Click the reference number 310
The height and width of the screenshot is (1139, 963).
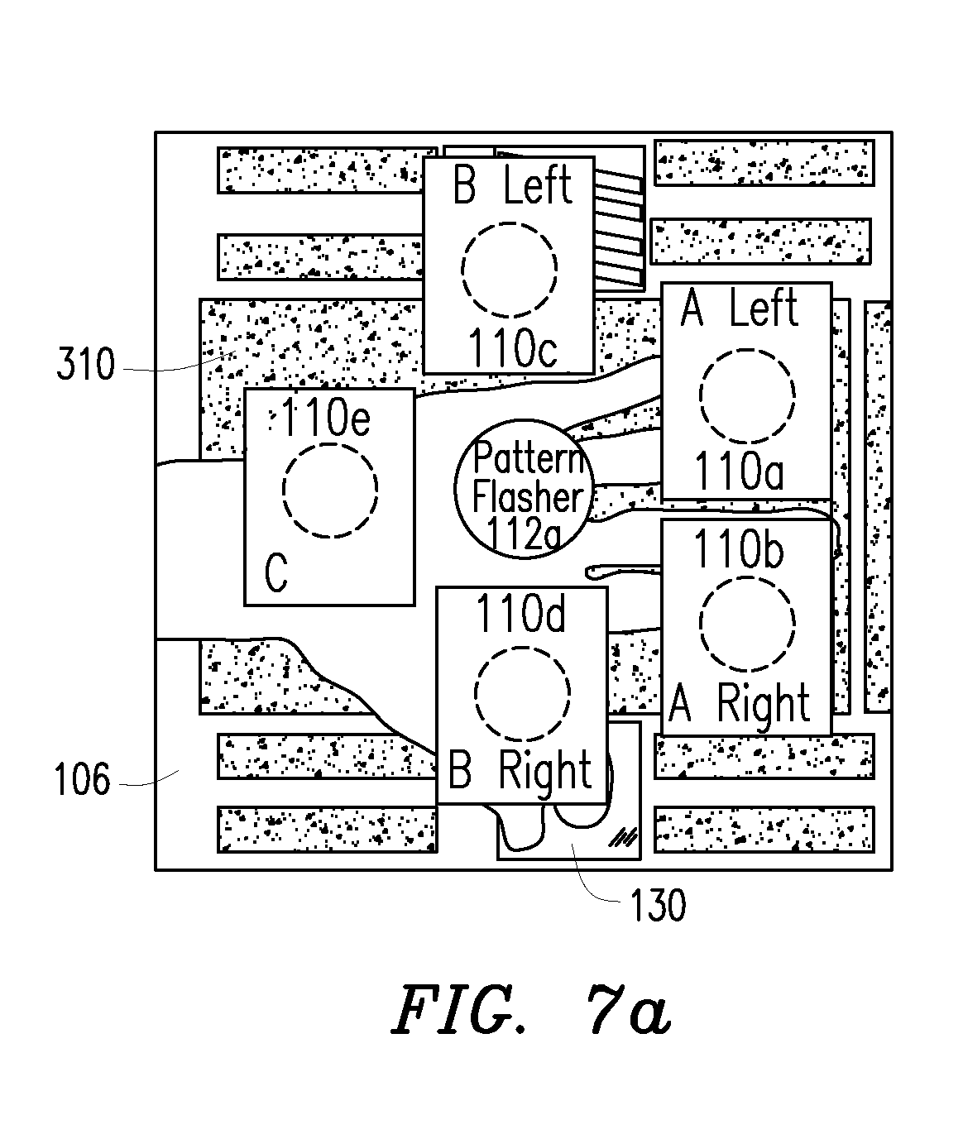(86, 364)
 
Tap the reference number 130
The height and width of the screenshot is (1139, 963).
(658, 905)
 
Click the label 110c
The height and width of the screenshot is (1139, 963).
(513, 347)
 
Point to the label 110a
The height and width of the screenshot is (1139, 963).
(739, 471)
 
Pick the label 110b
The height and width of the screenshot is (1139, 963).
(739, 549)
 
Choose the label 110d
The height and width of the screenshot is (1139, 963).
(521, 613)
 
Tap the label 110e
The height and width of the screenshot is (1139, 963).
(325, 417)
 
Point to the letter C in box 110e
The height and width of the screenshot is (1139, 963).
(276, 572)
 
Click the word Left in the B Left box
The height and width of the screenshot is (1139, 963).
(538, 186)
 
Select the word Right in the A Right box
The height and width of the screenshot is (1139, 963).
(763, 704)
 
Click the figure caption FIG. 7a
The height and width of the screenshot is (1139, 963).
(531, 1009)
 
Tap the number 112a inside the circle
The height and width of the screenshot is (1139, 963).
(524, 534)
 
